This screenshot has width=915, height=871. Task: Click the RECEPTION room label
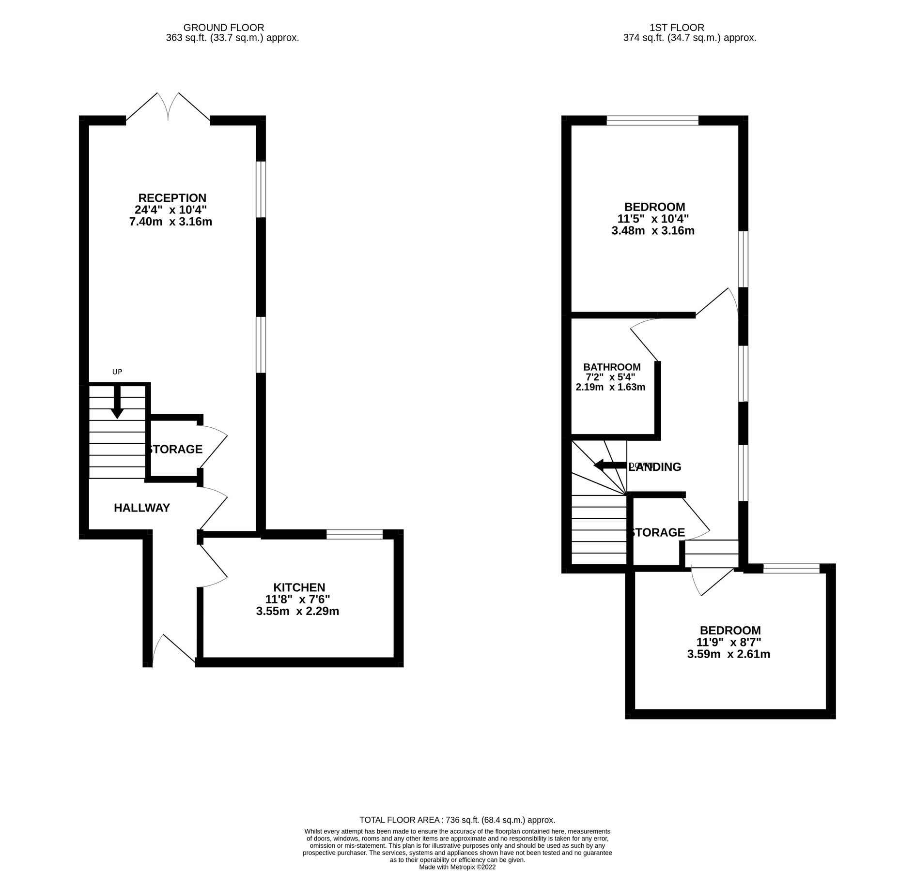172,198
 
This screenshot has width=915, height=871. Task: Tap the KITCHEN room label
299,587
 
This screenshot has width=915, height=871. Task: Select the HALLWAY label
142,508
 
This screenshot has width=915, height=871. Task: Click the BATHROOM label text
612,367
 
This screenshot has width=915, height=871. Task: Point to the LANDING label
655,467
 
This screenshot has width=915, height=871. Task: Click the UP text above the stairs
117,372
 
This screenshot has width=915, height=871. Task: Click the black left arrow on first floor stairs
610,466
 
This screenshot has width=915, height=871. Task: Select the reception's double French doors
168,108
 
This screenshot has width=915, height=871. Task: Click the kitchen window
355,534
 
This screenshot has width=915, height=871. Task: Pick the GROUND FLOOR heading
224,28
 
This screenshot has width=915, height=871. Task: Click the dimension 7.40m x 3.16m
171,222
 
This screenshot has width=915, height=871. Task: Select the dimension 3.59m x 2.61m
729,655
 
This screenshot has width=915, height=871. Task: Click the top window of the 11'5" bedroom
652,120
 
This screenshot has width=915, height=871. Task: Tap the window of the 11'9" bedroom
791,569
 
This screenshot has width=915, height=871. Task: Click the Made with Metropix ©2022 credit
457,867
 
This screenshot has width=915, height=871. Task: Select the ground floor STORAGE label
175,449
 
